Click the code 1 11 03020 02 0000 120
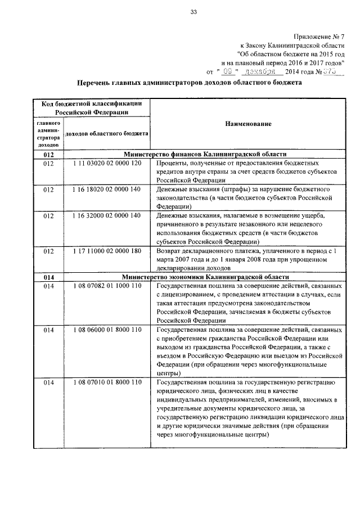pyautogui.click(x=106, y=163)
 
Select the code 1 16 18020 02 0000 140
pyautogui.click(x=106, y=190)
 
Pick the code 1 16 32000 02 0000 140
pyautogui.click(x=106, y=216)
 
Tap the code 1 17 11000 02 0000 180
pyautogui.click(x=106, y=251)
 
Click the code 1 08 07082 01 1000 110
pyautogui.click(x=106, y=286)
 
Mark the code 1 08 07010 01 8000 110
pyautogui.click(x=106, y=382)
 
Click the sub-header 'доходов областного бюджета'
pyautogui.click(x=106, y=134)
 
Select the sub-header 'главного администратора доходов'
pyautogui.click(x=48, y=133)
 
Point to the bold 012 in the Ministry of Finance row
pyautogui.click(x=48, y=154)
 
